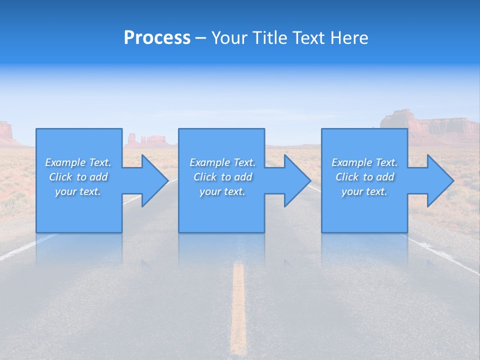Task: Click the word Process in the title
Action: (157, 38)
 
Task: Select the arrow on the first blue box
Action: (150, 180)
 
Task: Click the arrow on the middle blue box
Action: (292, 180)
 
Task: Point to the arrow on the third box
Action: (435, 180)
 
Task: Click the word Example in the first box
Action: (64, 162)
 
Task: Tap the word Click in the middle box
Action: (204, 177)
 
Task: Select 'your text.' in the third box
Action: (364, 191)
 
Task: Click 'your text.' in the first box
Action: (78, 191)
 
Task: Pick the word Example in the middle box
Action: (209, 162)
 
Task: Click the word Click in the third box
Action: (346, 177)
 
